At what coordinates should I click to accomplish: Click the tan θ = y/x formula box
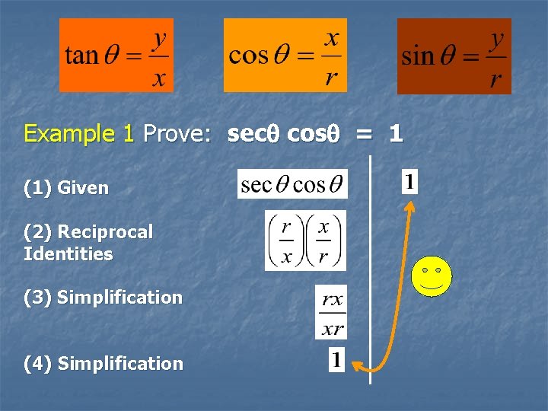pos(116,56)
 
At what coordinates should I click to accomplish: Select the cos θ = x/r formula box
pos(285,56)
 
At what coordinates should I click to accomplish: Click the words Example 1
pos(79,134)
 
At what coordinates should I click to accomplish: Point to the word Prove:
pos(177,134)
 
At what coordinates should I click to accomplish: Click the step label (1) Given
pos(66,187)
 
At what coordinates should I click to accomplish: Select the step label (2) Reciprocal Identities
pos(88,243)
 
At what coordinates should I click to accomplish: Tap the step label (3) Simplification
pos(104,298)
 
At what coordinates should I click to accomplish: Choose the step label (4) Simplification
pos(104,364)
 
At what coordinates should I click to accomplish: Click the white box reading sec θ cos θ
pos(292,184)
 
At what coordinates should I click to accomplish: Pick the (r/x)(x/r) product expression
pos(305,241)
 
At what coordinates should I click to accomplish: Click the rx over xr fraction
pos(331,312)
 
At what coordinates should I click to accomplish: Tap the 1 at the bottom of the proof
pos(336,360)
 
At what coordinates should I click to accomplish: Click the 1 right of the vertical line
pos(409,183)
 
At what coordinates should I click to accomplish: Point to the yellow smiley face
pos(432,276)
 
